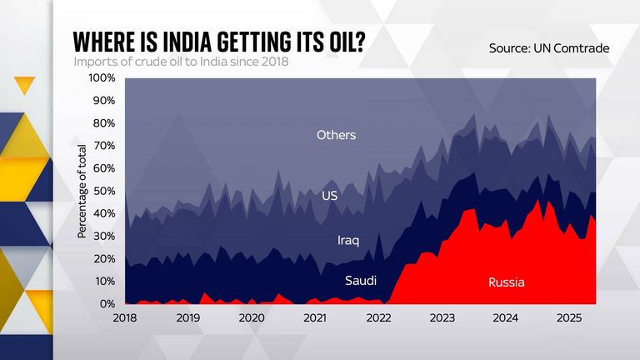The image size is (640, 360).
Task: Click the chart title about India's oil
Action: coord(219,42)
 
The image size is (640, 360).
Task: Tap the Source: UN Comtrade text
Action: coord(549,48)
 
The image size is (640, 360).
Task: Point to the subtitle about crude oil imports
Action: coord(181,62)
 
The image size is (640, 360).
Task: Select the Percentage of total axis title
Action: coord(82,190)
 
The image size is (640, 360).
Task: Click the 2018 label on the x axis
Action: coord(125,318)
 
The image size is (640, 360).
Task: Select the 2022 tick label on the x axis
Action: coord(378,318)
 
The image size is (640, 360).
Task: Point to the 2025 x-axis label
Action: coord(569,318)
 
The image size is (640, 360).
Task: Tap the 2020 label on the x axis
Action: coord(252,318)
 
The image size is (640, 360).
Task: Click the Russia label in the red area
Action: coord(507,282)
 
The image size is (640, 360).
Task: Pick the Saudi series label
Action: coord(361,281)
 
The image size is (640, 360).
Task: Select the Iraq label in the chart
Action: coord(347,241)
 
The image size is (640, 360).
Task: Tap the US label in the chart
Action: coord(329,196)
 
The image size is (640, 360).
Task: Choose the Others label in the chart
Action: coord(336,135)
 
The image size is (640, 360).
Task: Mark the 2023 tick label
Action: coord(442,318)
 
